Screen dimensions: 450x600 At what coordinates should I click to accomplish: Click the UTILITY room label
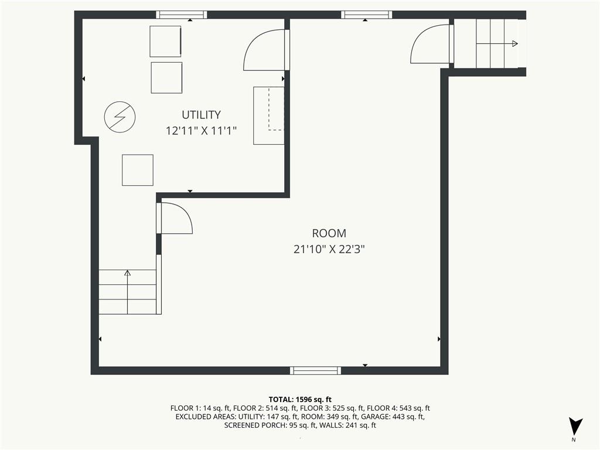(x=201, y=115)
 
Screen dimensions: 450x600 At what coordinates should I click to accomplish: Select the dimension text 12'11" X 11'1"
(x=201, y=131)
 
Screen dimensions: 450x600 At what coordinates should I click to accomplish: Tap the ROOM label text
(x=329, y=233)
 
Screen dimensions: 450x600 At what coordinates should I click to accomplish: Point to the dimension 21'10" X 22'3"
(x=329, y=249)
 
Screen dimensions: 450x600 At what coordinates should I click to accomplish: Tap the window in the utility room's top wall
(x=182, y=15)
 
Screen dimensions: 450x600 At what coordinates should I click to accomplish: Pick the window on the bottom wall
(x=316, y=370)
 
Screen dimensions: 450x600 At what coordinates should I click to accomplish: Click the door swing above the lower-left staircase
(x=175, y=219)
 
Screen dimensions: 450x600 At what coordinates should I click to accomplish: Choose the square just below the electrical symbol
(x=138, y=170)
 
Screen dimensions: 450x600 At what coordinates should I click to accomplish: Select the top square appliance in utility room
(x=166, y=41)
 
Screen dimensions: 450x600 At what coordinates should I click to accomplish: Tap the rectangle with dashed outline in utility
(x=269, y=115)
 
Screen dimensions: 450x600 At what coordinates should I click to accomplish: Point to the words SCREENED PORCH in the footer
(x=254, y=425)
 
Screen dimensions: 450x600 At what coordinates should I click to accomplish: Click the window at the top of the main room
(x=367, y=15)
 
